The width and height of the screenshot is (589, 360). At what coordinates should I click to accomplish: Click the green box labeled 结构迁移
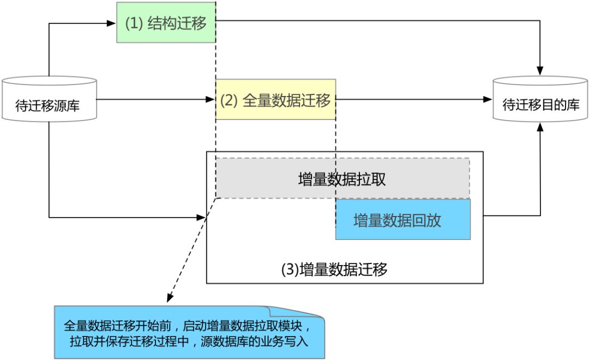pyautogui.click(x=166, y=22)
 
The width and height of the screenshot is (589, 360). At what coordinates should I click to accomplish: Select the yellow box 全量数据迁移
pyautogui.click(x=275, y=100)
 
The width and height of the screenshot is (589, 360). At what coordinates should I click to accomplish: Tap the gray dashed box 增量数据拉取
pyautogui.click(x=342, y=178)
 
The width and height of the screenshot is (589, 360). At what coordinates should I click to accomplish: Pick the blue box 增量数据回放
pyautogui.click(x=402, y=219)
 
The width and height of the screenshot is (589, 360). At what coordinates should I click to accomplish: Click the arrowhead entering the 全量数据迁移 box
pyautogui.click(x=212, y=100)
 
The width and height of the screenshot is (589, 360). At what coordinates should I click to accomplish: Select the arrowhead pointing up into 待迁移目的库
pyautogui.click(x=540, y=126)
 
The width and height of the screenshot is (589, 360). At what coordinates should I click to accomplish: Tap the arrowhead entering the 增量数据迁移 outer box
pyautogui.click(x=202, y=218)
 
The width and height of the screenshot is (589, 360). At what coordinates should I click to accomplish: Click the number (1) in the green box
pyautogui.click(x=134, y=23)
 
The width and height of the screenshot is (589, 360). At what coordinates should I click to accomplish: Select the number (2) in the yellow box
pyautogui.click(x=230, y=101)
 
